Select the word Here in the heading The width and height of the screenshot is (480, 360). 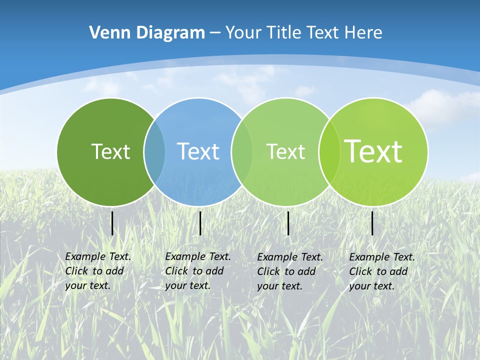click(363, 33)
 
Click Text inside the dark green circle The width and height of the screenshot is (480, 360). click(110, 151)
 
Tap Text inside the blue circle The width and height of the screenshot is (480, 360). click(198, 151)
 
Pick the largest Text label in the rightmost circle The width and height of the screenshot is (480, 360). click(373, 151)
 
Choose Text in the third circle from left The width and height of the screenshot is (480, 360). click(285, 151)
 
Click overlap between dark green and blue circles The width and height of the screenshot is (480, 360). click(154, 152)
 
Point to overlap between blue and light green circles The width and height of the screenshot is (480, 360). click(241, 152)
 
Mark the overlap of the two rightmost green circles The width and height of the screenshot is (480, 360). click(328, 152)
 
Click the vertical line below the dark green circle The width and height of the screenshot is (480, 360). click(112, 223)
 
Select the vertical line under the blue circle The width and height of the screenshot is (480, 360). click(200, 223)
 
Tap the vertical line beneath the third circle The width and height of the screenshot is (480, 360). click(288, 223)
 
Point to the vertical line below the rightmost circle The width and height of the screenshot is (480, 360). click(372, 223)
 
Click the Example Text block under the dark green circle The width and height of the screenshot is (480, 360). click(98, 271)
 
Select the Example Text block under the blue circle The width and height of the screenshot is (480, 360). click(198, 271)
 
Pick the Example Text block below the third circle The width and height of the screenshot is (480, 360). click(290, 271)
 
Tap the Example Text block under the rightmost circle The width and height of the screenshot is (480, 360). click(382, 271)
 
